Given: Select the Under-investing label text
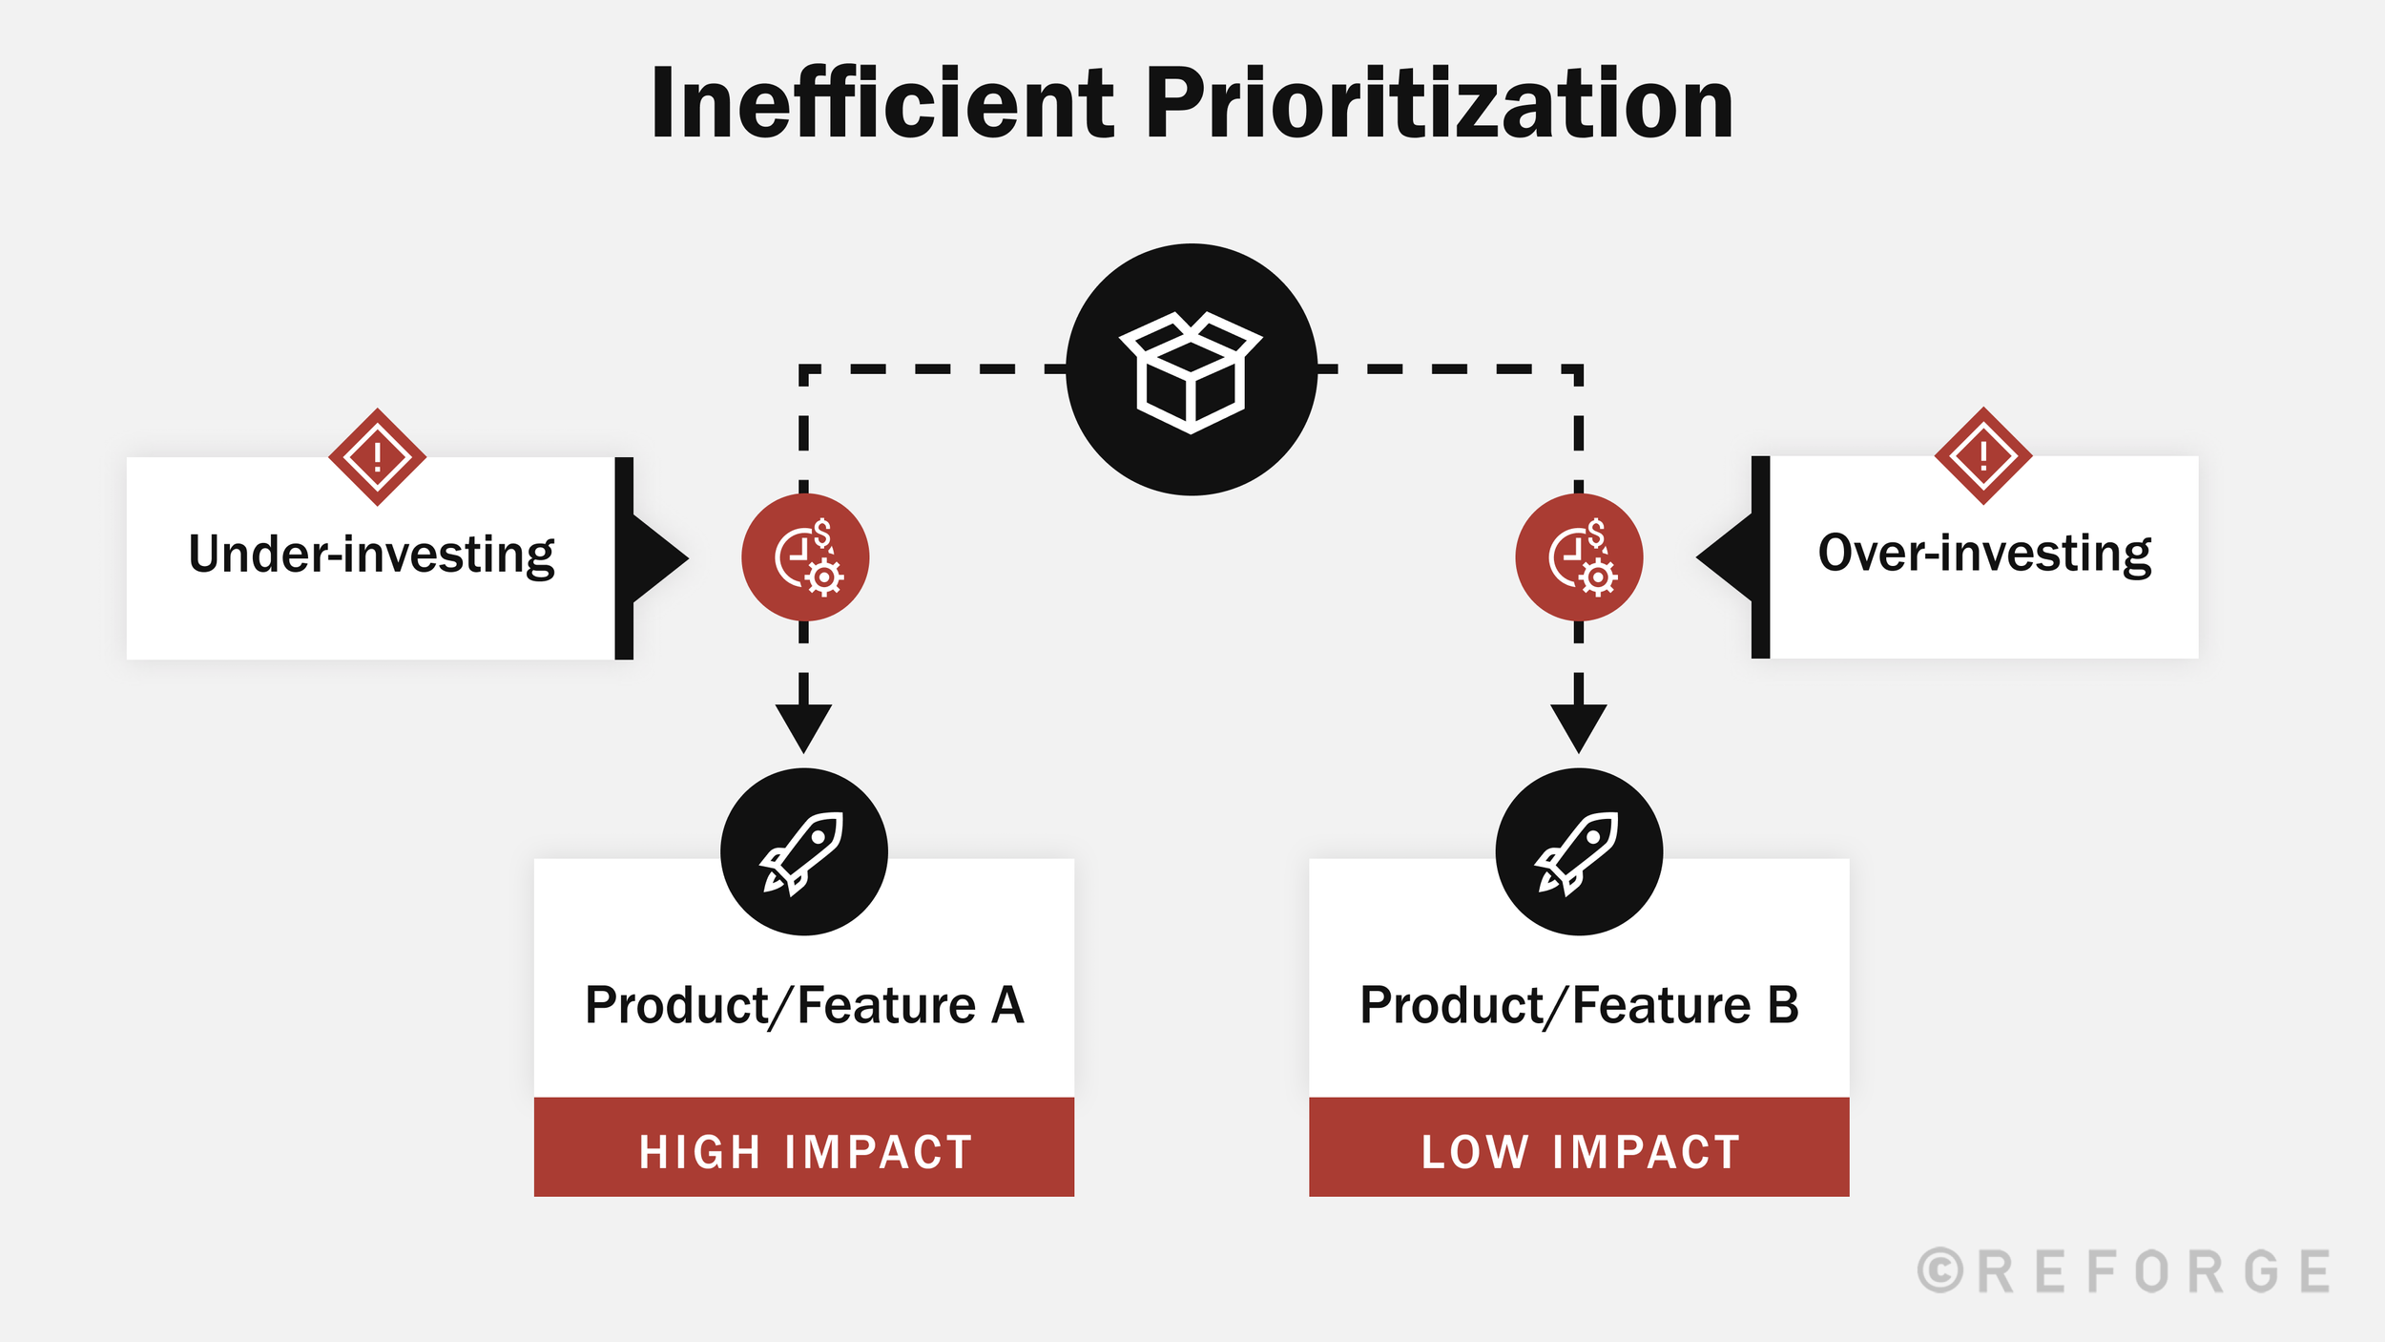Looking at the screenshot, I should [371, 555].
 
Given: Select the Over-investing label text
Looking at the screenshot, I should [1984, 553].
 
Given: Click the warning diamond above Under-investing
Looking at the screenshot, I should [377, 457].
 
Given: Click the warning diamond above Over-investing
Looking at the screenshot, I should [1983, 455].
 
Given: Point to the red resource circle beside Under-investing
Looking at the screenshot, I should [805, 557].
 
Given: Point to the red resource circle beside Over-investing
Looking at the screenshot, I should [1579, 557].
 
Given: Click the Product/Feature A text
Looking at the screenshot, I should [804, 1005].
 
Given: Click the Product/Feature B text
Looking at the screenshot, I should [1579, 1005].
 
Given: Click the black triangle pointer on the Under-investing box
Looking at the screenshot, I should [658, 558].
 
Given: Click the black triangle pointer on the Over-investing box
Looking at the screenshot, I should [1727, 557].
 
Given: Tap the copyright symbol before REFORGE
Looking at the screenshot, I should [1940, 1271].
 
